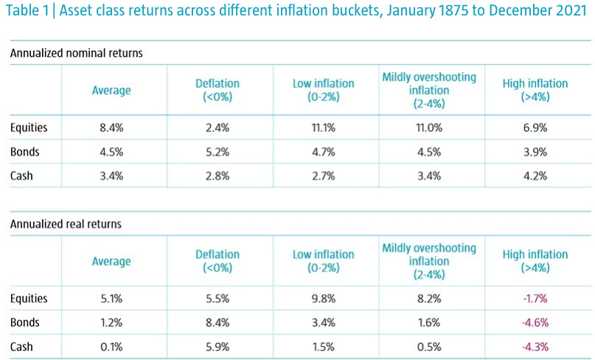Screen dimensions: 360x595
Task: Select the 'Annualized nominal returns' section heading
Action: pyautogui.click(x=76, y=53)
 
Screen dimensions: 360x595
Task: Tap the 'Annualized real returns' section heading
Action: pyautogui.click(x=65, y=224)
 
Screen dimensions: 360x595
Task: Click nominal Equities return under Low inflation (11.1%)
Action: pyautogui.click(x=324, y=128)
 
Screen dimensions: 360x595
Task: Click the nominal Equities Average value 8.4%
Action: pyautogui.click(x=111, y=128)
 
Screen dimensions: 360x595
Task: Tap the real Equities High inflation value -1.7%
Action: pyautogui.click(x=535, y=299)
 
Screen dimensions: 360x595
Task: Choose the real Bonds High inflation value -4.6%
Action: pyautogui.click(x=535, y=323)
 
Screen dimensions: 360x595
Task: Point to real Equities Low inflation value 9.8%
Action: pyautogui.click(x=324, y=299)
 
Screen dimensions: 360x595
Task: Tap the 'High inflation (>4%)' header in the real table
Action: pyautogui.click(x=535, y=261)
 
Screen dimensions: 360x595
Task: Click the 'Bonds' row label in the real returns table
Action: pyautogui.click(x=26, y=323)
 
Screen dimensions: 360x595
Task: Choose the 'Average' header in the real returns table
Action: pyautogui.click(x=111, y=261)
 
